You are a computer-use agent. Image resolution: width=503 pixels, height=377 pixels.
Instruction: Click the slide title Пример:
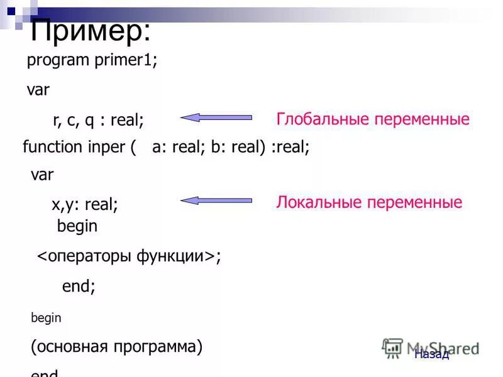click(91, 31)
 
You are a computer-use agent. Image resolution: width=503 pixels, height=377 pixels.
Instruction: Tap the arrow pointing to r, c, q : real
click(216, 117)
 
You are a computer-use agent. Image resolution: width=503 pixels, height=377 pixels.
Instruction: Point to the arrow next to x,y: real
click(216, 200)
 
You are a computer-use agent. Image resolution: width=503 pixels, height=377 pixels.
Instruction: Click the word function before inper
click(52, 147)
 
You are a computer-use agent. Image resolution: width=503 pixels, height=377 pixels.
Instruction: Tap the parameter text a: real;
click(179, 147)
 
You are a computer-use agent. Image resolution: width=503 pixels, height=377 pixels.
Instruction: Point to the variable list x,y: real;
click(84, 204)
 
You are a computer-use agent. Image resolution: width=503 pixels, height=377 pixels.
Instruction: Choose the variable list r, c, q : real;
click(99, 120)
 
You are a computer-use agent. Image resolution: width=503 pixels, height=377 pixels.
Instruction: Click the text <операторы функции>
click(126, 256)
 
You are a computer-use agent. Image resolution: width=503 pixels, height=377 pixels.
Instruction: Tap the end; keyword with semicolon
click(79, 287)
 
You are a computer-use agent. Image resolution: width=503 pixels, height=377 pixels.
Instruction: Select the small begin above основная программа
click(46, 318)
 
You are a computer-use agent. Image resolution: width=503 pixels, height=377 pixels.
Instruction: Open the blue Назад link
click(431, 355)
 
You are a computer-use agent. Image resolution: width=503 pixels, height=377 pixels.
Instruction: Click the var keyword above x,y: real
click(42, 175)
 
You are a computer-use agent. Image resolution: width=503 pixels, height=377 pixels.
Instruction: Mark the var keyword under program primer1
click(38, 90)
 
